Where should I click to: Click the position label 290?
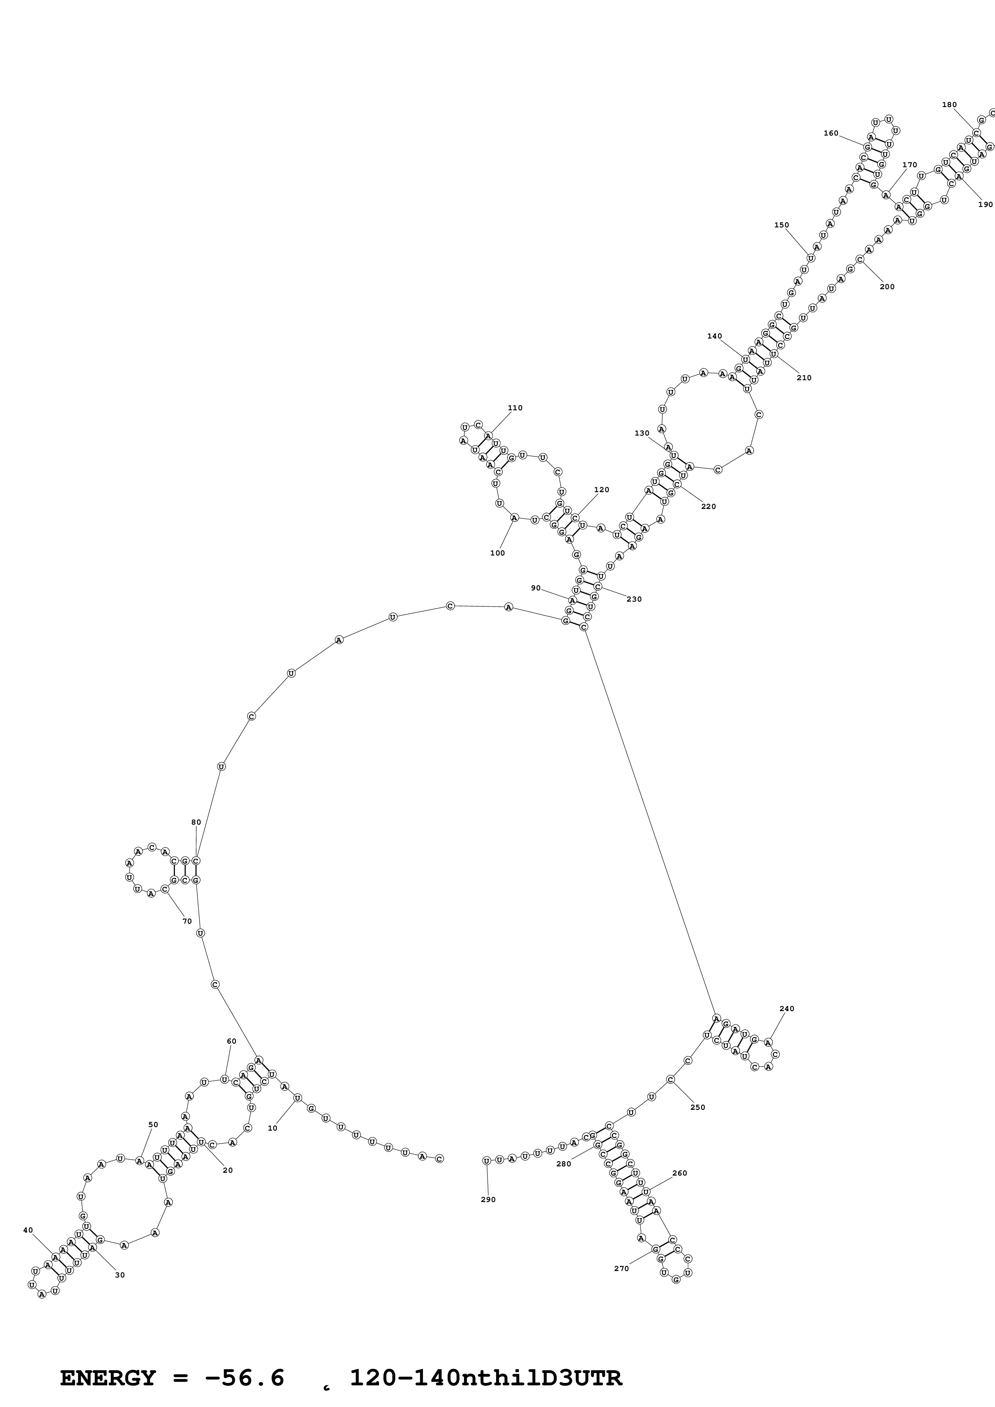pyautogui.click(x=488, y=1199)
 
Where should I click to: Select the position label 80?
pyautogui.click(x=196, y=822)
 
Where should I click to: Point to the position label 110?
pyautogui.click(x=515, y=408)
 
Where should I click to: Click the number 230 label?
pyautogui.click(x=634, y=599)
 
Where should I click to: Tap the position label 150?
pyautogui.click(x=781, y=225)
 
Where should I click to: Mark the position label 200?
pyautogui.click(x=887, y=286)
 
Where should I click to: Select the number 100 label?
pyautogui.click(x=497, y=553)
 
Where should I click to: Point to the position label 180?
pyautogui.click(x=949, y=105)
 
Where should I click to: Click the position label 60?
pyautogui.click(x=231, y=1041)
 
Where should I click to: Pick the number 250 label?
pyautogui.click(x=698, y=1107)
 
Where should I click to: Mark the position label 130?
pyautogui.click(x=642, y=433)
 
